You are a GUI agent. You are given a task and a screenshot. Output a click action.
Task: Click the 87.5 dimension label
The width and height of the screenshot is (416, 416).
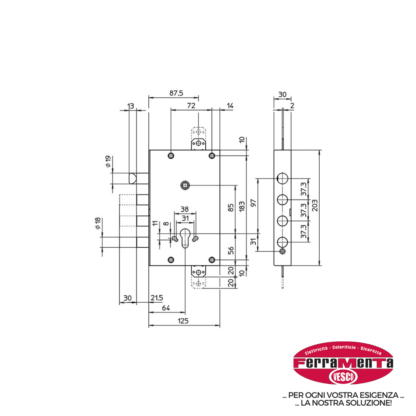point(176,93)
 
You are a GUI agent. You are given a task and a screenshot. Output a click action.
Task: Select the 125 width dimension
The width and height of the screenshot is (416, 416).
point(183,321)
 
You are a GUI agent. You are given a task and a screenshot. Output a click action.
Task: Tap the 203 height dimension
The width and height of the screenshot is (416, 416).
point(315,205)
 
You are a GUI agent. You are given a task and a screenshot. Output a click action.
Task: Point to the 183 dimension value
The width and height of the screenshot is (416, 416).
point(242,206)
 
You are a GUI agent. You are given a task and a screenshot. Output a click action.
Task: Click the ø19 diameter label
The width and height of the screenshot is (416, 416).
point(108,161)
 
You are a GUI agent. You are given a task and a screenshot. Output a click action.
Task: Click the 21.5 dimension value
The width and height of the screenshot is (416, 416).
point(157,298)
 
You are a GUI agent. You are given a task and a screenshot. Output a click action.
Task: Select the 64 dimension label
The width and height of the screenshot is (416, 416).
point(166,308)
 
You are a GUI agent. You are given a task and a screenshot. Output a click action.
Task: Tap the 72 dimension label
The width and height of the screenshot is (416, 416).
point(191,106)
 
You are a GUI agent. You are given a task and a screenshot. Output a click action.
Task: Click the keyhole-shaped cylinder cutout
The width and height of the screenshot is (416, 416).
point(185,238)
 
